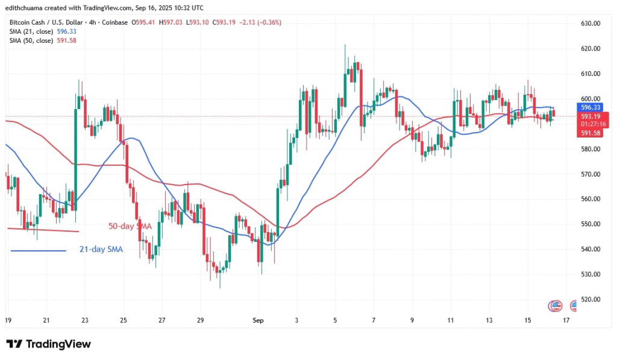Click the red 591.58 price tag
[590, 132]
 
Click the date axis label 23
[85, 320]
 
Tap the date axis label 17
[566, 320]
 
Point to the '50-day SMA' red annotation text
[130, 226]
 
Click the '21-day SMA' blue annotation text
[101, 248]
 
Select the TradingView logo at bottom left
[49, 344]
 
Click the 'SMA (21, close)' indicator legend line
[36, 31]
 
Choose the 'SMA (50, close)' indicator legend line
[36, 40]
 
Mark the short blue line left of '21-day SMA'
[38, 250]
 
